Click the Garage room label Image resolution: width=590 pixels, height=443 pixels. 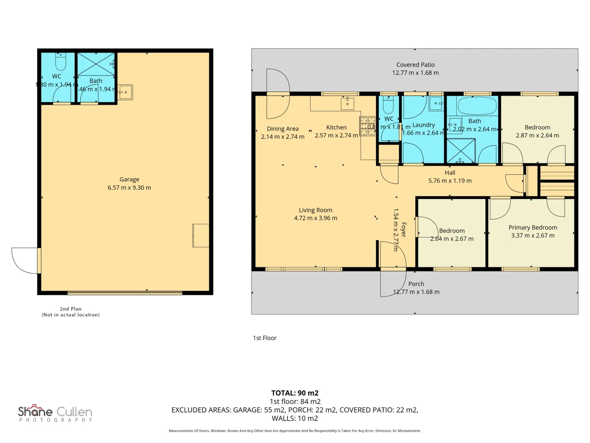[129, 179]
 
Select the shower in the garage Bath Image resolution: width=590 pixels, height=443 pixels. [96, 64]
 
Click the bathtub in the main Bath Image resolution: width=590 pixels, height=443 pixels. [477, 106]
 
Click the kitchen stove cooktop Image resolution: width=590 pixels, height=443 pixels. [368, 126]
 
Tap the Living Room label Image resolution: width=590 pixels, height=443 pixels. [315, 210]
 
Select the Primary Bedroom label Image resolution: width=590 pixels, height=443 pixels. [533, 227]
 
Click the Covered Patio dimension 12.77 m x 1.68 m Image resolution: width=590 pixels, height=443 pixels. [415, 73]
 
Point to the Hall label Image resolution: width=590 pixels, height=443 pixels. [450, 173]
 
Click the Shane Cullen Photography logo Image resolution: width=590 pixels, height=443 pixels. [55, 413]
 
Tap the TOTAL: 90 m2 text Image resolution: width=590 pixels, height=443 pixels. [295, 393]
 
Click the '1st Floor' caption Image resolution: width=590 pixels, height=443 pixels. [265, 338]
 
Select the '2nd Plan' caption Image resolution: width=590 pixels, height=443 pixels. [70, 309]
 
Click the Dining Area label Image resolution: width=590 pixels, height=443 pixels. [282, 128]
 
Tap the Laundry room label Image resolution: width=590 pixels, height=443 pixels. [423, 125]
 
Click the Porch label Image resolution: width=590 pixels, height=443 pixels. [416, 284]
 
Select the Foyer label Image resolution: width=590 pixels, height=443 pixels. [404, 230]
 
